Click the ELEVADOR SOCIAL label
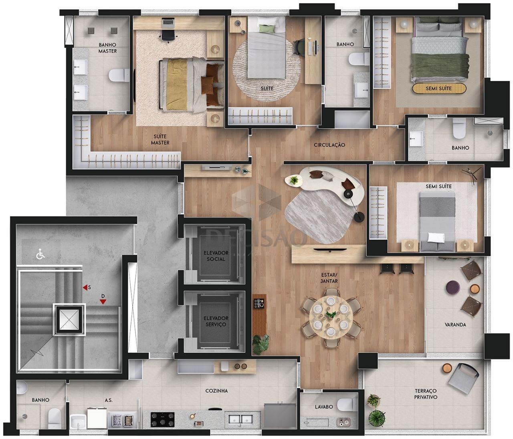coord(216,256)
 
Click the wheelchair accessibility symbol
coord(40,254)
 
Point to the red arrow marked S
coord(85,288)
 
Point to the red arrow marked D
coord(103,302)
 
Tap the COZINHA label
coord(216,391)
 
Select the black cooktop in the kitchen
coord(163,419)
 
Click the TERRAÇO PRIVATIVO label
coord(426,394)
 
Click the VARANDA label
coord(455,324)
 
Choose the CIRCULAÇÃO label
coord(329,145)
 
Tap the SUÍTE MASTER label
coord(160,139)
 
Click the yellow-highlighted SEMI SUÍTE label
coord(439,88)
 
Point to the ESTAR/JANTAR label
coord(329,278)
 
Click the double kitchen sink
coord(240,419)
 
